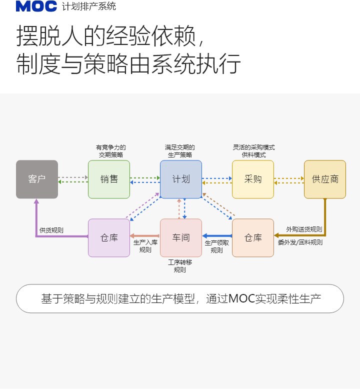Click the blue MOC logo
click(36, 6)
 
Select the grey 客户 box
click(37, 179)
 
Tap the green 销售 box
click(109, 179)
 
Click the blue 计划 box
click(181, 179)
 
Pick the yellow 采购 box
click(253, 179)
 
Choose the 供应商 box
click(325, 179)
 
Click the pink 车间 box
click(181, 237)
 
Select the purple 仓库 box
click(109, 237)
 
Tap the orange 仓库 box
click(253, 237)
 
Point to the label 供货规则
click(51, 230)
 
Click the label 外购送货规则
click(304, 229)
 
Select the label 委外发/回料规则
click(300, 242)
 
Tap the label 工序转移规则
click(180, 266)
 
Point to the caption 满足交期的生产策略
click(180, 151)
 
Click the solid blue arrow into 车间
click(217, 235)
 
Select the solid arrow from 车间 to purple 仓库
click(145, 235)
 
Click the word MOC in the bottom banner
click(241, 299)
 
